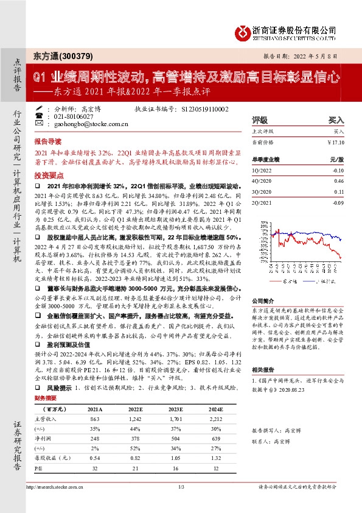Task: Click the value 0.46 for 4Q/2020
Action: [339, 181]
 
